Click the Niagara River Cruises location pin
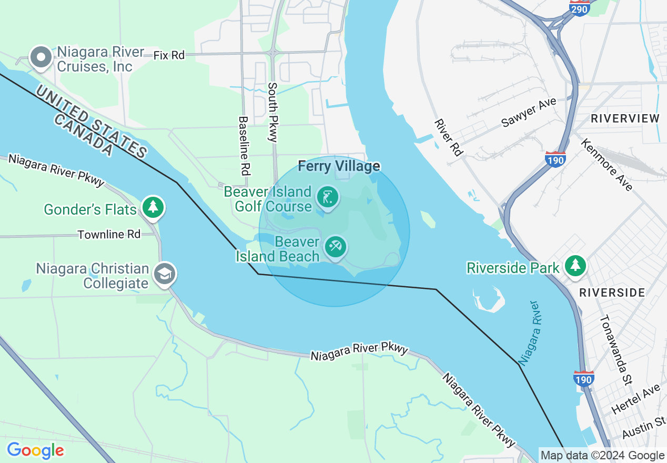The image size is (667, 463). (41, 57)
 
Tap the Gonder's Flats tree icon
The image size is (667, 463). (153, 207)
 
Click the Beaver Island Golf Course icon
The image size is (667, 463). (327, 198)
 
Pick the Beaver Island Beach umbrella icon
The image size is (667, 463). (335, 246)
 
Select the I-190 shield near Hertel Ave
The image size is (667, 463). (584, 378)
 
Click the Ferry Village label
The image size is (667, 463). (339, 166)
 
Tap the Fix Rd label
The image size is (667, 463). (169, 55)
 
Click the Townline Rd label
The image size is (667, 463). (109, 234)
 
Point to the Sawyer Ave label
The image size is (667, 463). (529, 112)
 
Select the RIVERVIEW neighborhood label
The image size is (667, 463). (624, 118)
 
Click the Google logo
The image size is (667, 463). (35, 450)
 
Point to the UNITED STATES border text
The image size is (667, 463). (93, 124)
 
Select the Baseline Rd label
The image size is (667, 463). (245, 146)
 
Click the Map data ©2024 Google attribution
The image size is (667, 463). (602, 456)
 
